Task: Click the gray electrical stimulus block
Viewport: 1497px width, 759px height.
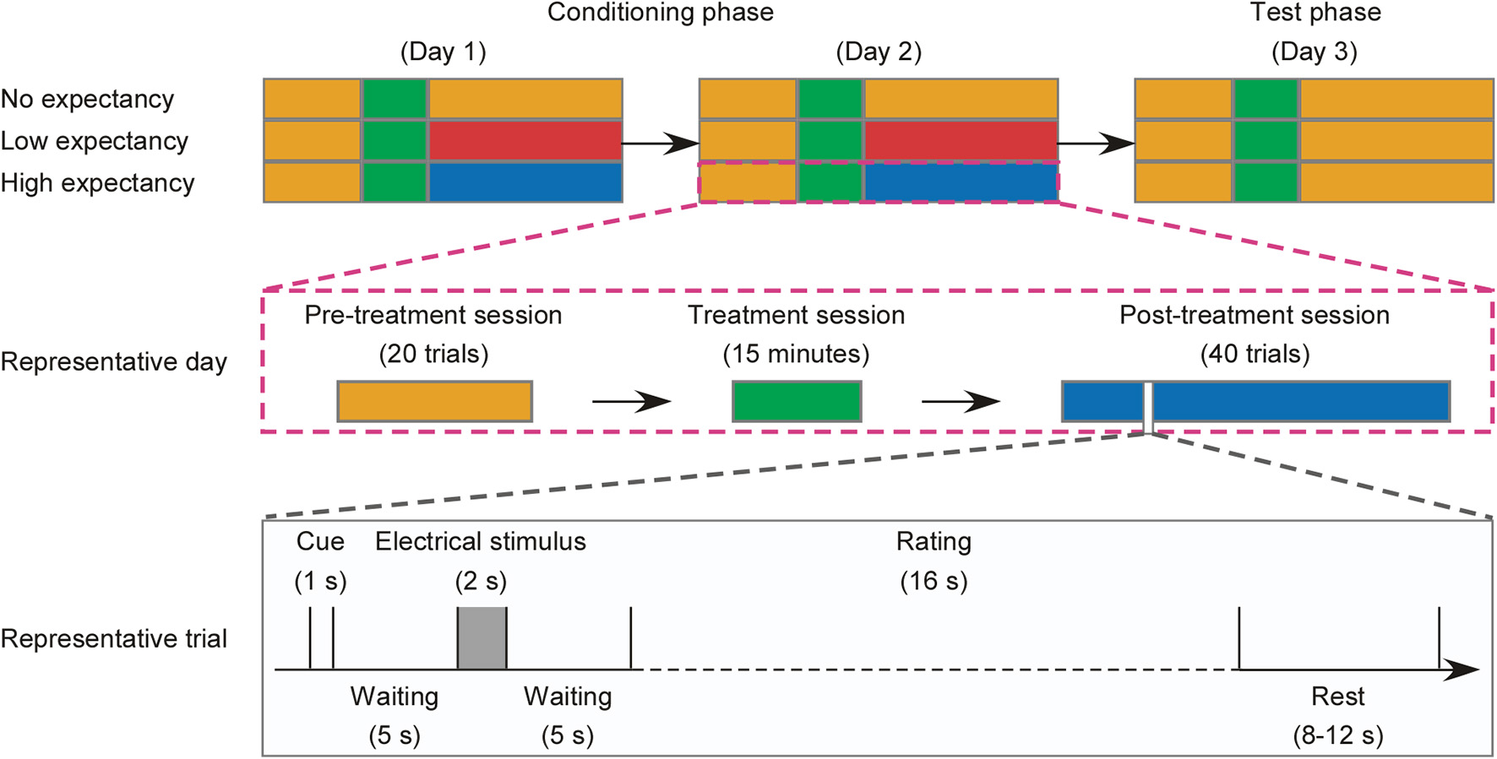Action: click(x=482, y=638)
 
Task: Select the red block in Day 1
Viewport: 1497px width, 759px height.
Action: click(x=525, y=140)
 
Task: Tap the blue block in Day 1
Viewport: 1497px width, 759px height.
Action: click(x=525, y=182)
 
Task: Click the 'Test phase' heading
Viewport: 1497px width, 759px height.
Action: click(x=1315, y=13)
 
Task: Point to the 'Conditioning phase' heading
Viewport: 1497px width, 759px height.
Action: click(x=660, y=13)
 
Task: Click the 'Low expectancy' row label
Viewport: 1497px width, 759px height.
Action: click(x=94, y=141)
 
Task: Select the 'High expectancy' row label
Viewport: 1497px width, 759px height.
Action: click(x=97, y=183)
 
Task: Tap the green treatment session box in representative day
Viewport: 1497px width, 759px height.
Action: click(x=797, y=401)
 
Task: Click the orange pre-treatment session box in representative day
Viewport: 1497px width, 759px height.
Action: click(x=434, y=401)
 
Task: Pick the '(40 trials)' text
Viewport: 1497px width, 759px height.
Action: click(x=1255, y=354)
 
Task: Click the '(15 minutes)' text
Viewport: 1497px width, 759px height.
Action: click(x=796, y=354)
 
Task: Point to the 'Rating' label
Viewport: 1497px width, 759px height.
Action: click(x=934, y=541)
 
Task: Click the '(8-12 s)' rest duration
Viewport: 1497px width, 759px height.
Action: click(x=1338, y=735)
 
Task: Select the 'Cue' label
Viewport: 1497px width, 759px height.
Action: click(x=320, y=541)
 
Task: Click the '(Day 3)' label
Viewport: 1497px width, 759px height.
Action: click(x=1315, y=52)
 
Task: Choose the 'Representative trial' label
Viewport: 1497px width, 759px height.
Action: click(x=114, y=639)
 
